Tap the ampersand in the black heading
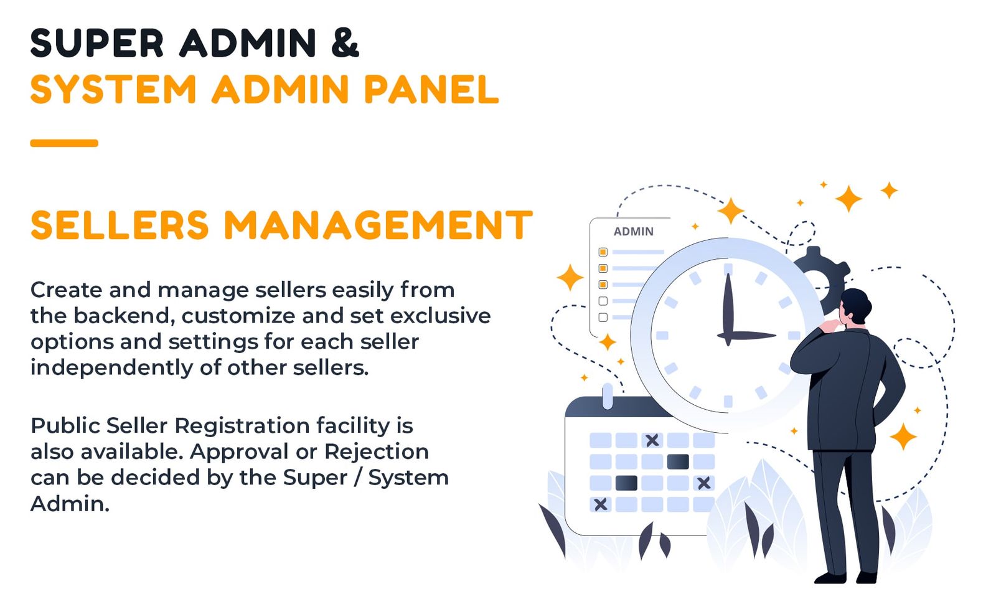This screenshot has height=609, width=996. click(x=345, y=44)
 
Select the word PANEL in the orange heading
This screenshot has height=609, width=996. click(x=431, y=90)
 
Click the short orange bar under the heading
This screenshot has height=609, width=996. click(x=64, y=143)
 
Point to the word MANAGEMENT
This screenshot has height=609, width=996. click(x=378, y=225)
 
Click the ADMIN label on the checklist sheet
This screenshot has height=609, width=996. click(x=633, y=232)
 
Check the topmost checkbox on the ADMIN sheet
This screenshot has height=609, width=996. click(x=603, y=252)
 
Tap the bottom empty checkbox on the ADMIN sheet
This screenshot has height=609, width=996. click(x=603, y=318)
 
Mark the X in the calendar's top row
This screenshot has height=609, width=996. click(x=652, y=440)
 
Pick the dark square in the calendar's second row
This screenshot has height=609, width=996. click(x=678, y=461)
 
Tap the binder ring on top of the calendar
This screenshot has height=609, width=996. click(x=608, y=395)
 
